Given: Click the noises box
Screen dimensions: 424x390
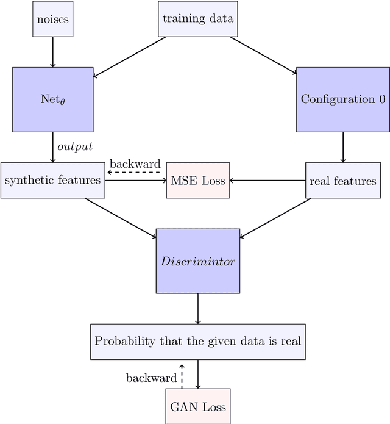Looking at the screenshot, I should (x=52, y=19).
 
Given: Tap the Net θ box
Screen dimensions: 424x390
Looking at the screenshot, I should (x=53, y=99).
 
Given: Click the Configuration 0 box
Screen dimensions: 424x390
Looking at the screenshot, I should (x=342, y=99).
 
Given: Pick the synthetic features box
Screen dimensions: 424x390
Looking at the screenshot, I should (x=52, y=181).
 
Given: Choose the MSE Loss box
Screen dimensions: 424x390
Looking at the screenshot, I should (x=198, y=181).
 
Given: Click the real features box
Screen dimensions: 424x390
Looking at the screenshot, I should (x=342, y=181).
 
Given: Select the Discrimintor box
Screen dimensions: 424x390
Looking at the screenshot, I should (x=198, y=261).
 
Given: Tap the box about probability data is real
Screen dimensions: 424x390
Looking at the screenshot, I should (x=198, y=341).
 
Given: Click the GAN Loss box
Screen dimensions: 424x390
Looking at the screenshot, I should (x=198, y=406).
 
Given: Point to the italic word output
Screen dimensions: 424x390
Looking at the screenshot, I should (x=74, y=147).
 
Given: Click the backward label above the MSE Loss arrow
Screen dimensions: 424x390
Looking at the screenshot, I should (x=135, y=163).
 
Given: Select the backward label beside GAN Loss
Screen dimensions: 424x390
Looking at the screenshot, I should (x=151, y=378).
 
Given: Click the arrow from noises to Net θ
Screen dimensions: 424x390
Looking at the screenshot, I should (x=53, y=51).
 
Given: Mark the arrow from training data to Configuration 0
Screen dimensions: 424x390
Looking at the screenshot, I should (x=263, y=56).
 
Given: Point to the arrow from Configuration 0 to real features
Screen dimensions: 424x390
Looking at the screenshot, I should (x=342, y=147).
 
